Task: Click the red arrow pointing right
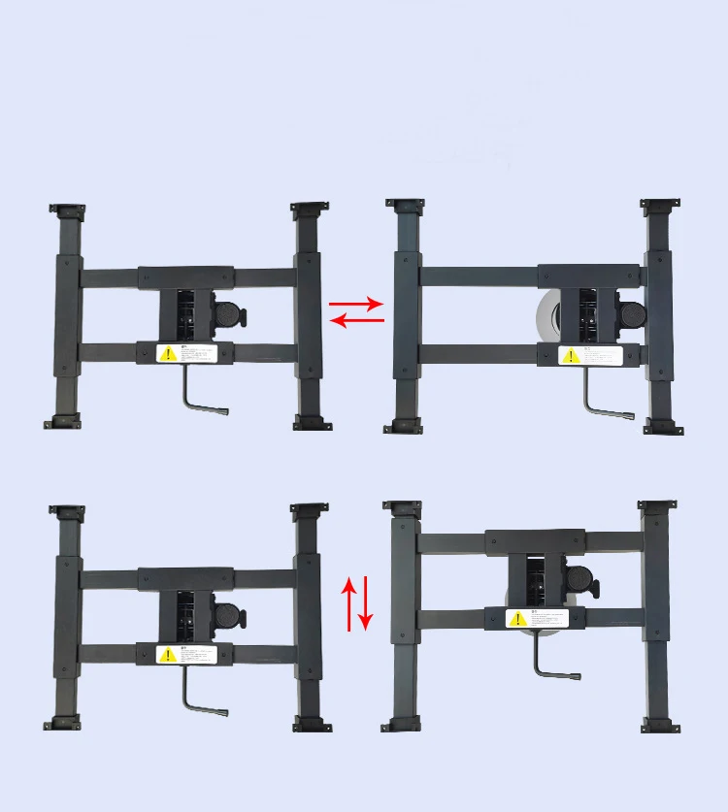click(357, 305)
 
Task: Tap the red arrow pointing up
click(350, 602)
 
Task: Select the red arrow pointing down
click(366, 602)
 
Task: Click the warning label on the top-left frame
click(186, 353)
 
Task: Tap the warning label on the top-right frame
click(592, 356)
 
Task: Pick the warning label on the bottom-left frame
click(186, 655)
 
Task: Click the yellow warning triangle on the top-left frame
click(167, 353)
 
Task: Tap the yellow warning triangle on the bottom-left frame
click(167, 655)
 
